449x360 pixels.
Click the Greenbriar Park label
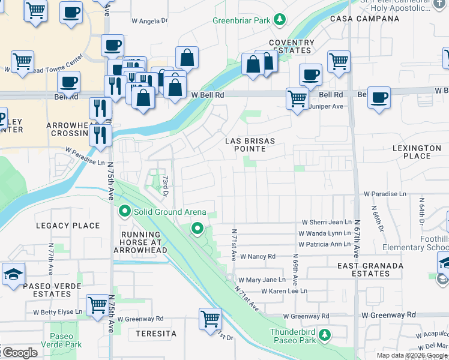tap(242, 20)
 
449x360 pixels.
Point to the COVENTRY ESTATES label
tap(291, 47)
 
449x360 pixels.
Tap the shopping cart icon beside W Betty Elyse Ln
tap(97, 304)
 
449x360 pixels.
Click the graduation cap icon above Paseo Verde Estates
tap(13, 274)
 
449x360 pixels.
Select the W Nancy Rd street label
tap(257, 257)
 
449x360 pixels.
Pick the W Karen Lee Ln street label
tap(284, 291)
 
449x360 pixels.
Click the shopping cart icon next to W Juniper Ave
tap(297, 98)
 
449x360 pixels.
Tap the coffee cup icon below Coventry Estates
tap(310, 75)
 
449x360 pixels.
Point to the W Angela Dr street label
tap(149, 21)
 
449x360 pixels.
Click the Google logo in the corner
tap(19, 353)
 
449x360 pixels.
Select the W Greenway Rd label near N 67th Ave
tap(388, 314)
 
